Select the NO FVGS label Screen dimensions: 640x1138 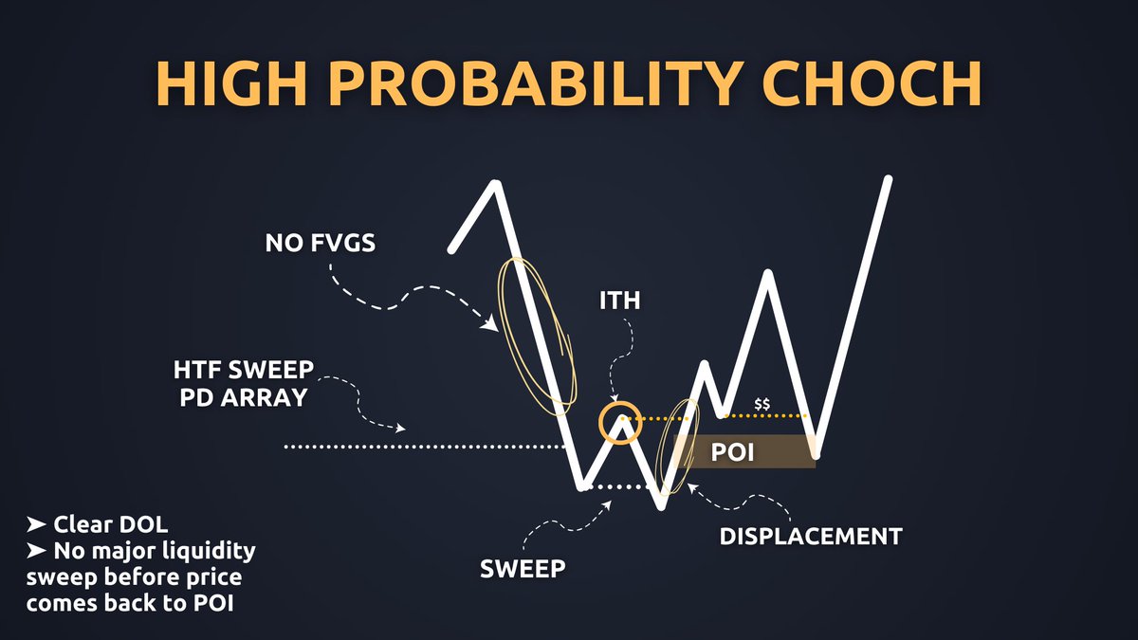320,244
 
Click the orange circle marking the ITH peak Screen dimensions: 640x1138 621,422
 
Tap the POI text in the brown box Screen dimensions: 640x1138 732,452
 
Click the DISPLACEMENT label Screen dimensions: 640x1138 810,536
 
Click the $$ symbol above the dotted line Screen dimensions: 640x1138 762,404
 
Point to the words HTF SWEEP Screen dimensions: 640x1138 244,371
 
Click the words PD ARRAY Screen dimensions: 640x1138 244,397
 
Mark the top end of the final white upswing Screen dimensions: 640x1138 889,179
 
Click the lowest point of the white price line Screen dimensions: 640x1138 661,506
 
